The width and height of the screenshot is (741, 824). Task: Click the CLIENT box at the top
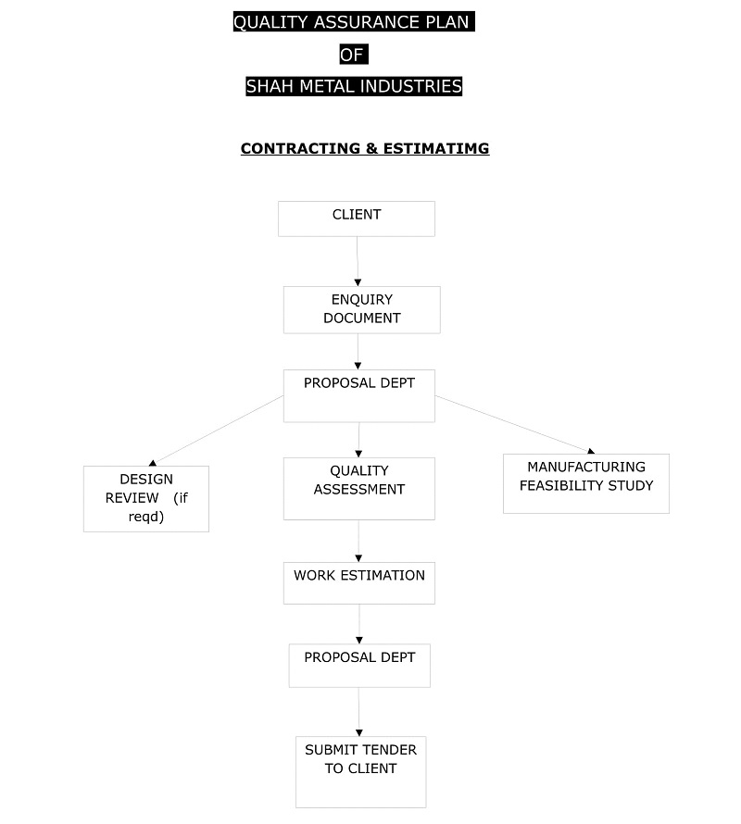(356, 218)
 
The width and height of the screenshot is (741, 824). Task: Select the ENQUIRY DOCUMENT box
(362, 309)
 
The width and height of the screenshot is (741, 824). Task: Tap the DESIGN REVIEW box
(146, 499)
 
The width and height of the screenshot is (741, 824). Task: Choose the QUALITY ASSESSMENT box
(359, 489)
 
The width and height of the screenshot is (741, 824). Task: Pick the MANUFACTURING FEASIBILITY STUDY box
(586, 483)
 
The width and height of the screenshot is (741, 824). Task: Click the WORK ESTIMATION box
(359, 582)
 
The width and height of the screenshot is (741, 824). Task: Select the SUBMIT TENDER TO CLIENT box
(360, 772)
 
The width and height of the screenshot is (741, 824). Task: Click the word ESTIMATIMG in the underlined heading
(436, 149)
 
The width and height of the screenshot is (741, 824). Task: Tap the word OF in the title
(354, 54)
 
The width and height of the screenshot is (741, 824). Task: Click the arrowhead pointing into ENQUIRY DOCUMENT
(358, 282)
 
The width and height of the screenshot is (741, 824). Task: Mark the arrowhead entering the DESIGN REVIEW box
(153, 462)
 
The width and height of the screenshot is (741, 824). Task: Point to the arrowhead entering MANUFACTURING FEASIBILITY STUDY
(591, 451)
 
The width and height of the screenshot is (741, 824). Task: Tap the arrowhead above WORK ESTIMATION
(358, 558)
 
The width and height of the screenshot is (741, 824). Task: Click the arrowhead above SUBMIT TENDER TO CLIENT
(359, 732)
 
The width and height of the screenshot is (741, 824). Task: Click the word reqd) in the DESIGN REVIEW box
(146, 517)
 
